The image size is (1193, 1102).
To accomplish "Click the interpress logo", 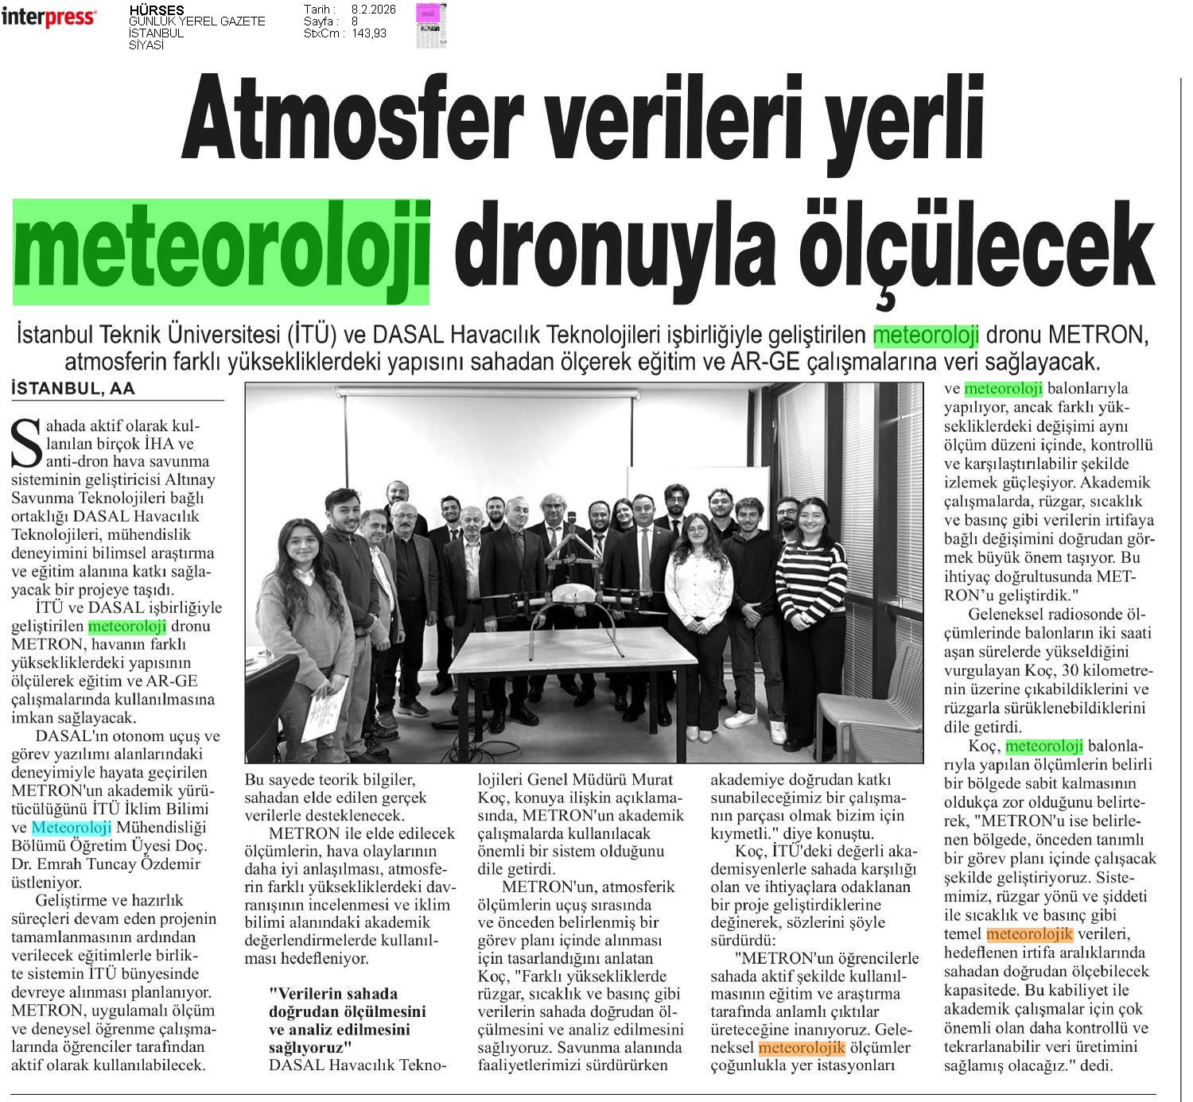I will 49,17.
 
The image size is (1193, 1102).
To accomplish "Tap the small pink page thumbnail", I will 431,25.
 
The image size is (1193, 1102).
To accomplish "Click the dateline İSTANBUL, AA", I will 74,389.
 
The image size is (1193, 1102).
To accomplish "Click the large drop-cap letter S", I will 27,443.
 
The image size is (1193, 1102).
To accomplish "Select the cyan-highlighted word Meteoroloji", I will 72,828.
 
